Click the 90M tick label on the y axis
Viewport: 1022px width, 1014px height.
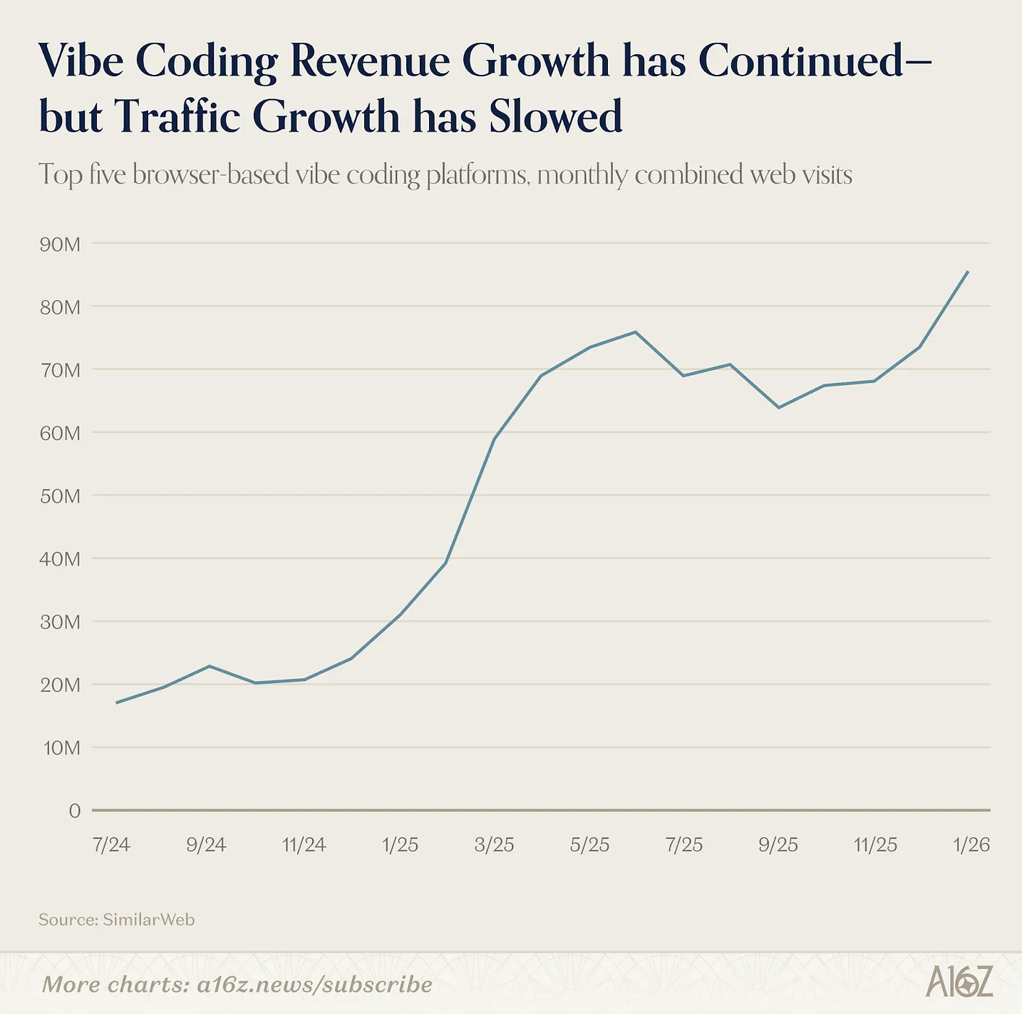61,245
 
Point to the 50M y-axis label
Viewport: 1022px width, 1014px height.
61,496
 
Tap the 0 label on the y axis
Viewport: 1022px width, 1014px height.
74,811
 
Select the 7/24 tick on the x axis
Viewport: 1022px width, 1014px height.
111,845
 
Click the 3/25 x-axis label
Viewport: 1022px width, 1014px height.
495,845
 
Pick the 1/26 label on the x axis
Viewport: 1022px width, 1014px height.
971,845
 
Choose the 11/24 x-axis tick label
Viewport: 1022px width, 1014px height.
304,845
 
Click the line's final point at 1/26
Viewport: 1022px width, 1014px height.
967,272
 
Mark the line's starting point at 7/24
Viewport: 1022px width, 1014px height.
116,703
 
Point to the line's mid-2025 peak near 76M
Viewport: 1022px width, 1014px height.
635,332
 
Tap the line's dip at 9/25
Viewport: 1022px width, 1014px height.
778,407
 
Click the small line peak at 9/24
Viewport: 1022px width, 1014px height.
209,666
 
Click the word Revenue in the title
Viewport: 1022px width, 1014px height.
370,61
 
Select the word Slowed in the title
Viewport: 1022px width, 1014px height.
555,116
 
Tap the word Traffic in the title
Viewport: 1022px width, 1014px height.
177,116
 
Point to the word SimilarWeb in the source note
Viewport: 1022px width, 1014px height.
148,920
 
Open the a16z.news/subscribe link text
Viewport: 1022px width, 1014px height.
314,985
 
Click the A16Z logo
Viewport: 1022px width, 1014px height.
959,983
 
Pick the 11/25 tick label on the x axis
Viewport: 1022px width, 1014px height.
875,845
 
